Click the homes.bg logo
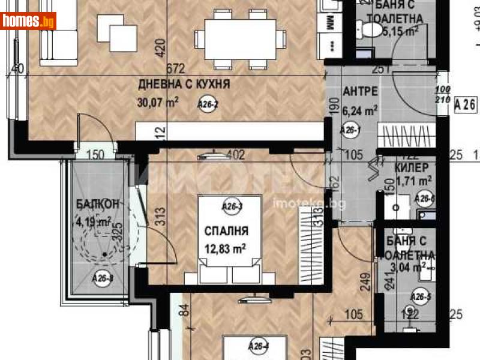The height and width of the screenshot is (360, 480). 28,22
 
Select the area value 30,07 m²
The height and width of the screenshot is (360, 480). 158,103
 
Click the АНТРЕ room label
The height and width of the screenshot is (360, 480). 360,92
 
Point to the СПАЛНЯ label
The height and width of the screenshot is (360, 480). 226,230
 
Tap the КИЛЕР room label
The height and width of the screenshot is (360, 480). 412,167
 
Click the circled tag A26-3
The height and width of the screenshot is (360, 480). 232,207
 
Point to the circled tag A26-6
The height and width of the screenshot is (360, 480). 425,199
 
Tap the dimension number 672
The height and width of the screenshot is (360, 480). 175,68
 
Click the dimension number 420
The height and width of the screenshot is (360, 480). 160,47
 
